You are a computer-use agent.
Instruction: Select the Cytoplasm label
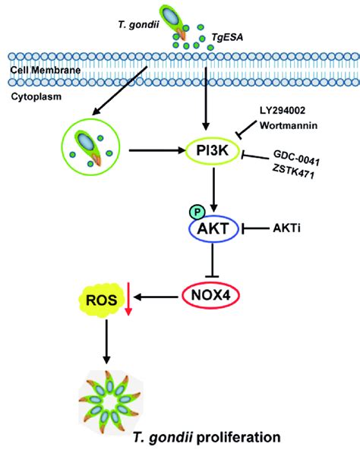click(x=30, y=97)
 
